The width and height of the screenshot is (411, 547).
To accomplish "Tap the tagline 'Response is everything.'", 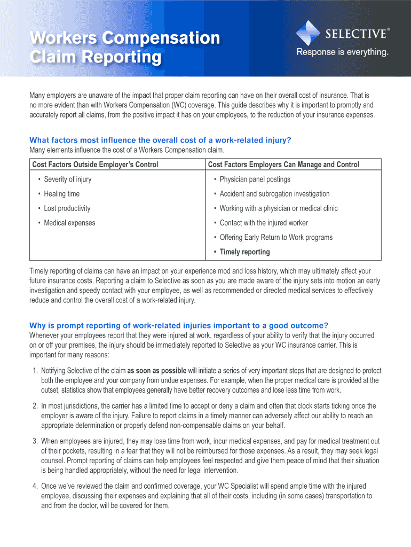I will coord(342,52).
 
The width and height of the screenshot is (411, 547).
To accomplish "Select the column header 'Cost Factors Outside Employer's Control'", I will coord(96,165).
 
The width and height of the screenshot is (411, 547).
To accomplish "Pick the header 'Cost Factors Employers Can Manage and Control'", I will coord(283,165).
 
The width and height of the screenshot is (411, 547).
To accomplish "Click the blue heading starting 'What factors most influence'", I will coord(160,140).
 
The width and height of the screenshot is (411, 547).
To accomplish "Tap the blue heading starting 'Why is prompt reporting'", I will coord(179,325).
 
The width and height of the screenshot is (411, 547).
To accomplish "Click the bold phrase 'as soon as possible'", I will coord(156,371).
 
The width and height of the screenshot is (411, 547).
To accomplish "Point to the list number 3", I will coord(34,441).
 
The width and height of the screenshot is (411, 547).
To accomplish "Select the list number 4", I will coord(34,486).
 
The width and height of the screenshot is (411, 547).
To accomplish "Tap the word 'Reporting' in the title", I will coord(122,57).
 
